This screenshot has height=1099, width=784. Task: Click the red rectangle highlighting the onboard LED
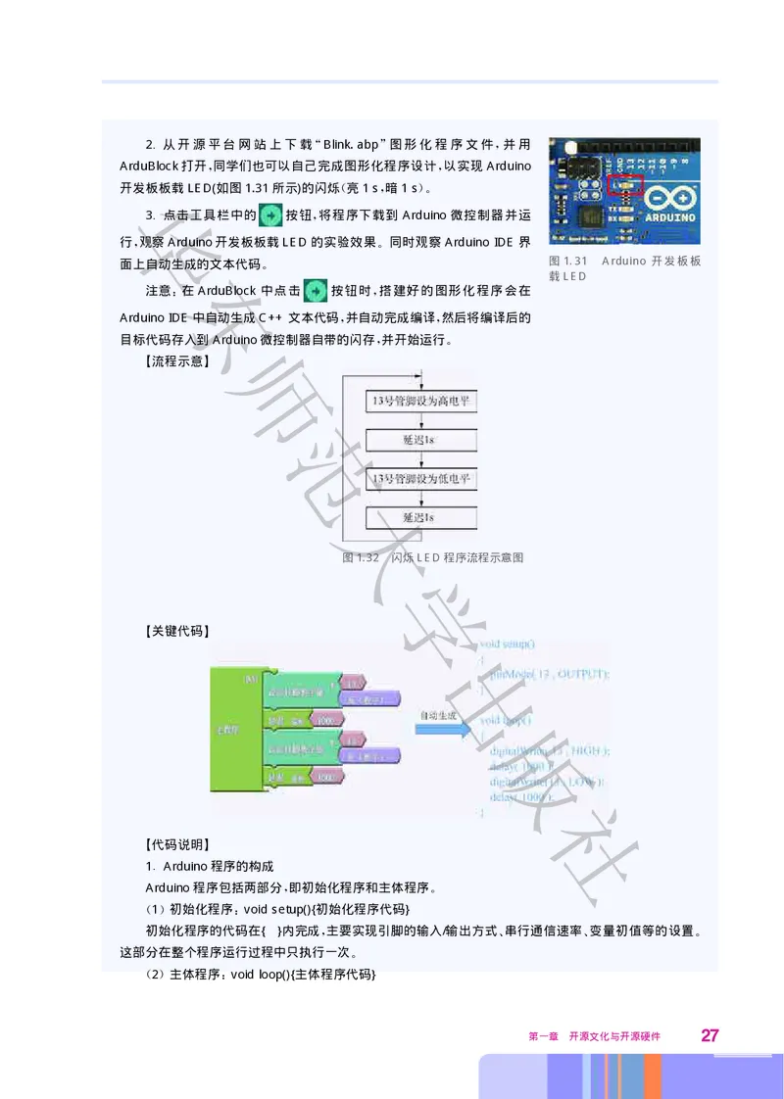tap(623, 183)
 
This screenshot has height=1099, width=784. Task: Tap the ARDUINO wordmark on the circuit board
tap(670, 216)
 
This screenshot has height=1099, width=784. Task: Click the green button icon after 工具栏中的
tap(269, 215)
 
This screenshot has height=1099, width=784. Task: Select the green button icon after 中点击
tap(315, 291)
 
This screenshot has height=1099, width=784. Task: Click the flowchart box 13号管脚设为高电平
tap(420, 401)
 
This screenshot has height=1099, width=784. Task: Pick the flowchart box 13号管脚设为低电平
tap(420, 479)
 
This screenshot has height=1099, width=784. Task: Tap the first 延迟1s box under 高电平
tap(420, 440)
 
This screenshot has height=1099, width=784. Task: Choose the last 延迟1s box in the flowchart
tap(420, 517)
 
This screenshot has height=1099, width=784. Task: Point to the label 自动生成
tap(438, 715)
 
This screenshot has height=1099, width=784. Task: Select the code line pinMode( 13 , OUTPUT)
tap(550, 675)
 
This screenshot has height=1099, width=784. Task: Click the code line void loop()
tap(506, 720)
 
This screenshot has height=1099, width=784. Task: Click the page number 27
tap(710, 1035)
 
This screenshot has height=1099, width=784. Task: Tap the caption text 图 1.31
tap(568, 261)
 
